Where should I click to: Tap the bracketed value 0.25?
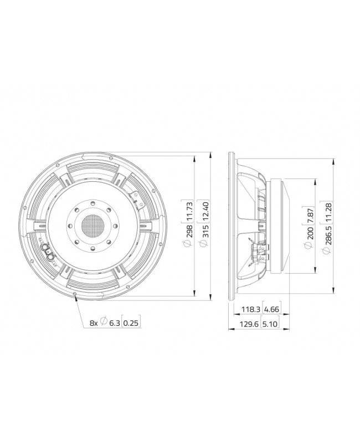tap(131, 322)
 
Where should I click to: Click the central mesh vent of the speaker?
tap(92, 226)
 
